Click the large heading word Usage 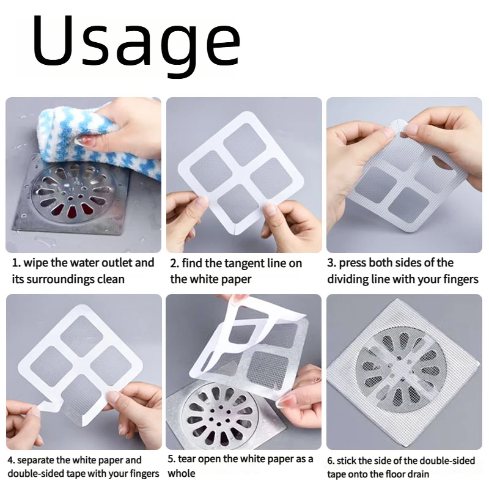(136, 44)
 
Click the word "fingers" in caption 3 (461, 279)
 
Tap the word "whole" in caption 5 (181, 474)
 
